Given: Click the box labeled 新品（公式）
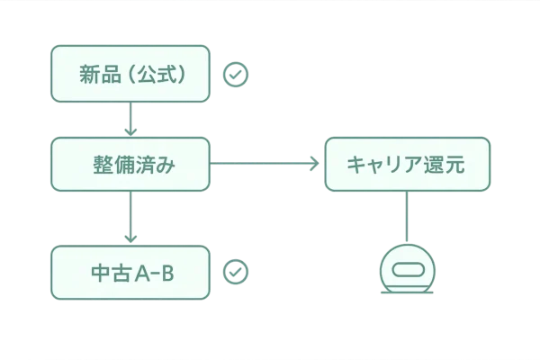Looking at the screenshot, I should tap(131, 74).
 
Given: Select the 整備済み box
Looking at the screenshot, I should tap(131, 165).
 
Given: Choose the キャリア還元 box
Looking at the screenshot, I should tap(407, 165).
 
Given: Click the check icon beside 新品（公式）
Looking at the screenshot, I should tap(236, 74).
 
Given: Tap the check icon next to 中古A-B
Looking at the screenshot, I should tap(236, 271).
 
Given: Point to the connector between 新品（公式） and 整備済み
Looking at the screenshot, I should tap(131, 119).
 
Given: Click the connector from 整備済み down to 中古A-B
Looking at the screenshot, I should tap(131, 218).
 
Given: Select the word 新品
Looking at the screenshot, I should tap(101, 74).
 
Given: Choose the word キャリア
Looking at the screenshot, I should tap(385, 165).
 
